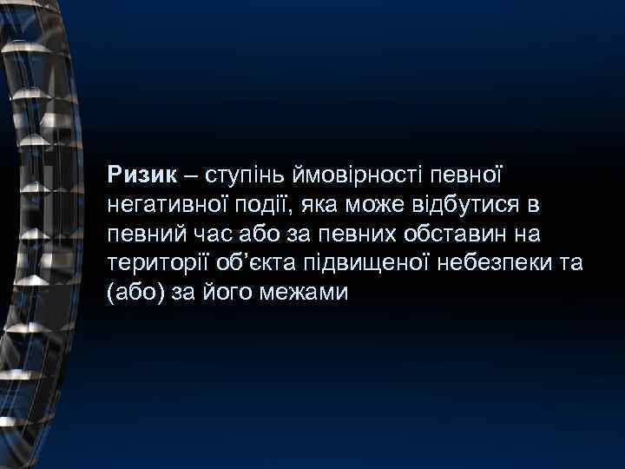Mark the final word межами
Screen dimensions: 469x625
coord(306,293)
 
